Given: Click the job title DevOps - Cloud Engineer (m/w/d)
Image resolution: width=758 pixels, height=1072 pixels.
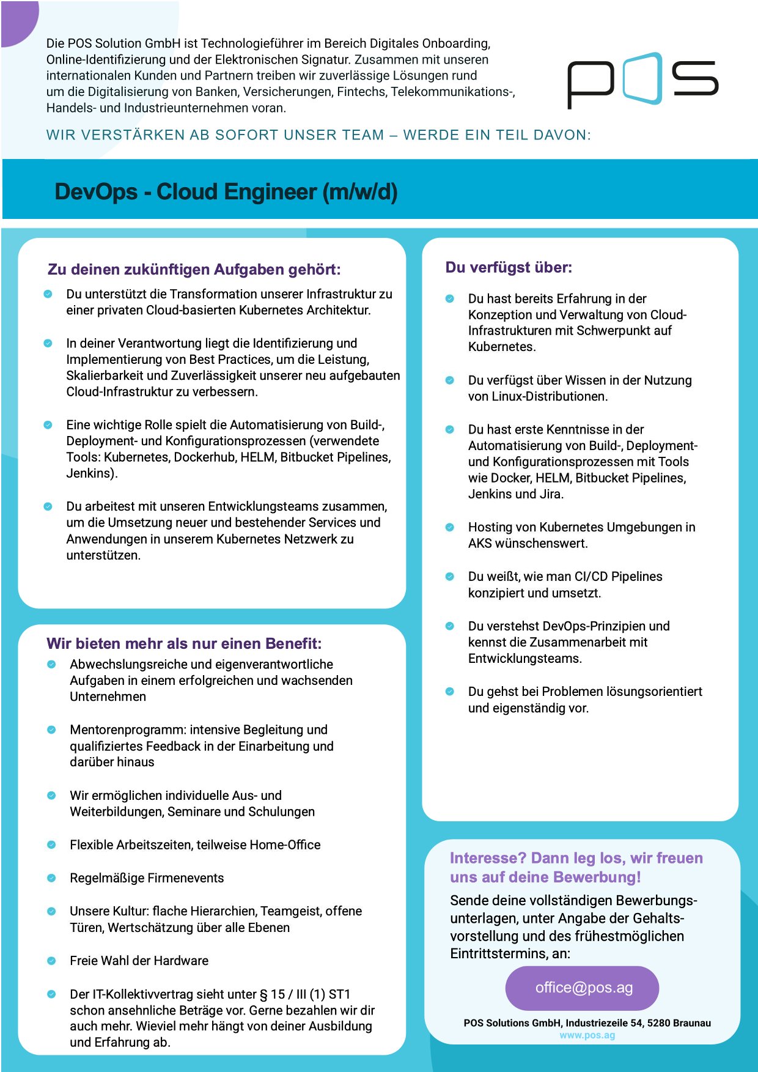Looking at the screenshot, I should point(226,192).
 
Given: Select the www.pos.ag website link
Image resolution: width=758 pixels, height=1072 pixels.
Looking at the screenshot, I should point(587,1035).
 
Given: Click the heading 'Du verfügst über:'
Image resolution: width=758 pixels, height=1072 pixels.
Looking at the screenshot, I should point(509,267).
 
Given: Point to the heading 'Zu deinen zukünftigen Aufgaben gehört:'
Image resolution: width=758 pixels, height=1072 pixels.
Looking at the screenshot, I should point(194,270).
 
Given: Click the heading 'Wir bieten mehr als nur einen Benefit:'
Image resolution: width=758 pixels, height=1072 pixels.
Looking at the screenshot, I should point(184,643).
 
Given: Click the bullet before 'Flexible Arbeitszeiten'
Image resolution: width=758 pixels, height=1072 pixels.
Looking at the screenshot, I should point(51,845).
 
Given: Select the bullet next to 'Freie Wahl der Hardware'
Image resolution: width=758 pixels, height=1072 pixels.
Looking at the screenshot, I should point(51,961).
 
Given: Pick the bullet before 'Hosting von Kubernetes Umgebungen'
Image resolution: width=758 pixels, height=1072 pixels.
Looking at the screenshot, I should point(450,527).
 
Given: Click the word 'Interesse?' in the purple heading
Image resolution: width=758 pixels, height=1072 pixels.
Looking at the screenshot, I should point(488,858).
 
